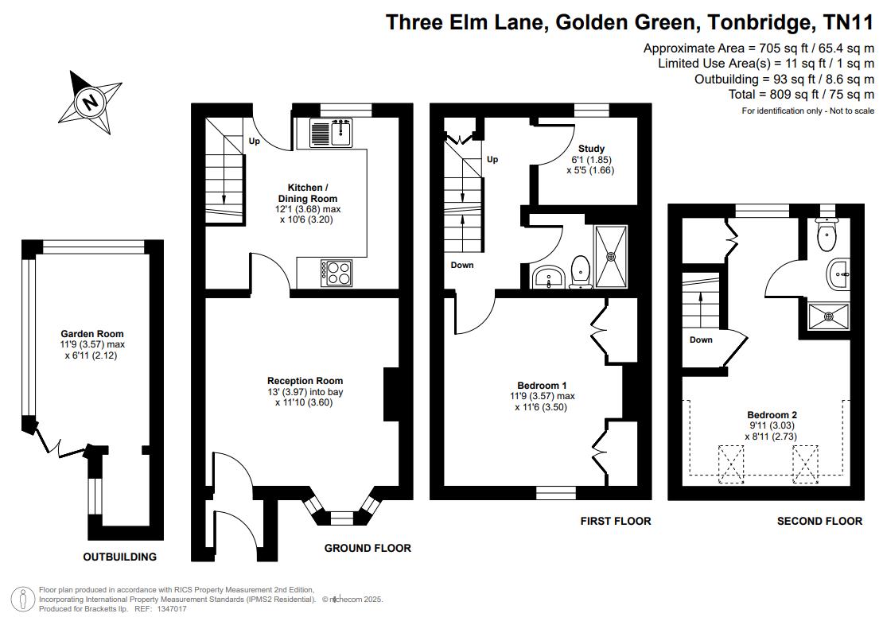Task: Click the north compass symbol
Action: (x=90, y=103)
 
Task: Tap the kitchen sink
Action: (x=331, y=133)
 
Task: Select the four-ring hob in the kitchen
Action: (x=336, y=273)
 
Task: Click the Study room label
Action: (x=591, y=149)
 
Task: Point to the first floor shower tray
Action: (x=611, y=256)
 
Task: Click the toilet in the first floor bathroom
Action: (x=580, y=272)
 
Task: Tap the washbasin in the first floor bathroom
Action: (x=549, y=277)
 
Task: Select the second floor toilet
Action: (x=827, y=235)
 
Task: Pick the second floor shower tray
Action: (x=828, y=316)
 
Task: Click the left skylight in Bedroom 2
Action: (x=730, y=464)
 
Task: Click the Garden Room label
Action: (x=92, y=334)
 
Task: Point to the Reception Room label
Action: (x=305, y=381)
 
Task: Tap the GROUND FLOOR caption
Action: (x=368, y=548)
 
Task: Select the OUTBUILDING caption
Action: (x=120, y=557)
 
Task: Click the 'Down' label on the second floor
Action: (x=701, y=340)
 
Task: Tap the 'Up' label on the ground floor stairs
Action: (x=255, y=142)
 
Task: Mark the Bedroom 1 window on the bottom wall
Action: (x=556, y=493)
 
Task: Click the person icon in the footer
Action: (x=23, y=600)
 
